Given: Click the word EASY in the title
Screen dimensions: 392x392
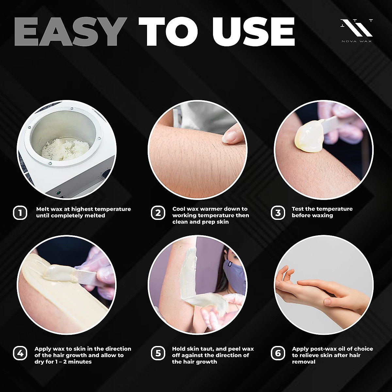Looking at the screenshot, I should point(70,32).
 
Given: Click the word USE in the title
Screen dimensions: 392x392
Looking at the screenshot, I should point(253,32).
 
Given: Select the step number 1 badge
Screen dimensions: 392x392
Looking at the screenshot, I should point(20,213).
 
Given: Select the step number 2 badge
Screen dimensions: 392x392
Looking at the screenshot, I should point(158,213).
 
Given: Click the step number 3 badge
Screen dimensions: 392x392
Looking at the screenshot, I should point(278,213).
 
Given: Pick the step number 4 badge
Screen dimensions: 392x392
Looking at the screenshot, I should point(20,353).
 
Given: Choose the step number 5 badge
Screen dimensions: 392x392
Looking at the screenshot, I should point(158,353).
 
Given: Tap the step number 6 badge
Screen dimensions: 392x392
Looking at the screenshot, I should point(278,353).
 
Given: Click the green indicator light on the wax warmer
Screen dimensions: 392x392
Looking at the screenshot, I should point(58,193).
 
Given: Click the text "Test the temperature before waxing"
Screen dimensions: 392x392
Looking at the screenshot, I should point(322,212).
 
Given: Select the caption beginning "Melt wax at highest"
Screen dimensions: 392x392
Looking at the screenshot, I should point(83,212).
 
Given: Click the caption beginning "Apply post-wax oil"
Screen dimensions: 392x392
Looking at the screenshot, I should point(332,355).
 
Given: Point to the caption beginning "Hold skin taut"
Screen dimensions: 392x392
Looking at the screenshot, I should point(213,355).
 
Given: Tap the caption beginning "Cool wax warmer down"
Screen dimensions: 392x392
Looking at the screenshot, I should point(210,215).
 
